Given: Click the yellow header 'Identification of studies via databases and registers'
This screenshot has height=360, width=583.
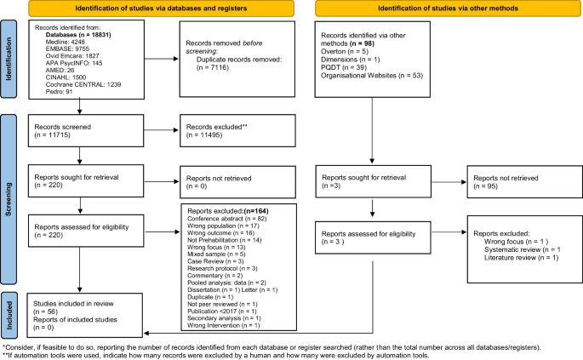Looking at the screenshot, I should tap(150, 9).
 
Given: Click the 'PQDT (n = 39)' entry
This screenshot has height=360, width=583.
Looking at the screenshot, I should tap(344, 68).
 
